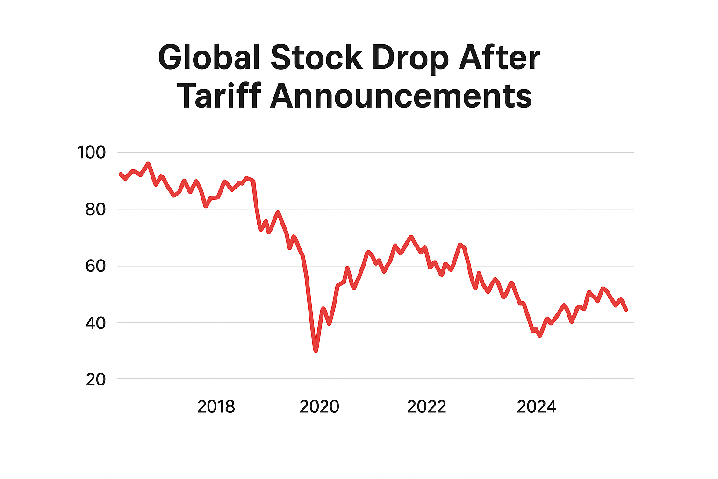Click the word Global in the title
(x=209, y=58)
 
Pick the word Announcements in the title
(x=401, y=96)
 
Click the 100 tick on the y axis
(x=92, y=152)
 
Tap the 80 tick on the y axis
(x=95, y=209)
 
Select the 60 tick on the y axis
(x=95, y=266)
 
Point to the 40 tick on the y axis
(x=95, y=323)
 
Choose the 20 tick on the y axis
(x=95, y=379)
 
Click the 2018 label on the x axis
(x=216, y=407)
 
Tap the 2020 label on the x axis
(x=319, y=407)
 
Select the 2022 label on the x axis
(x=426, y=407)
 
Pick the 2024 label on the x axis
(x=536, y=407)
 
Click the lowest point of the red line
(x=316, y=350)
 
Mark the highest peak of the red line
(x=148, y=164)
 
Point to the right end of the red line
(x=626, y=309)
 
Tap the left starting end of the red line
(x=121, y=174)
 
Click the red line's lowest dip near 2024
(x=540, y=335)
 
